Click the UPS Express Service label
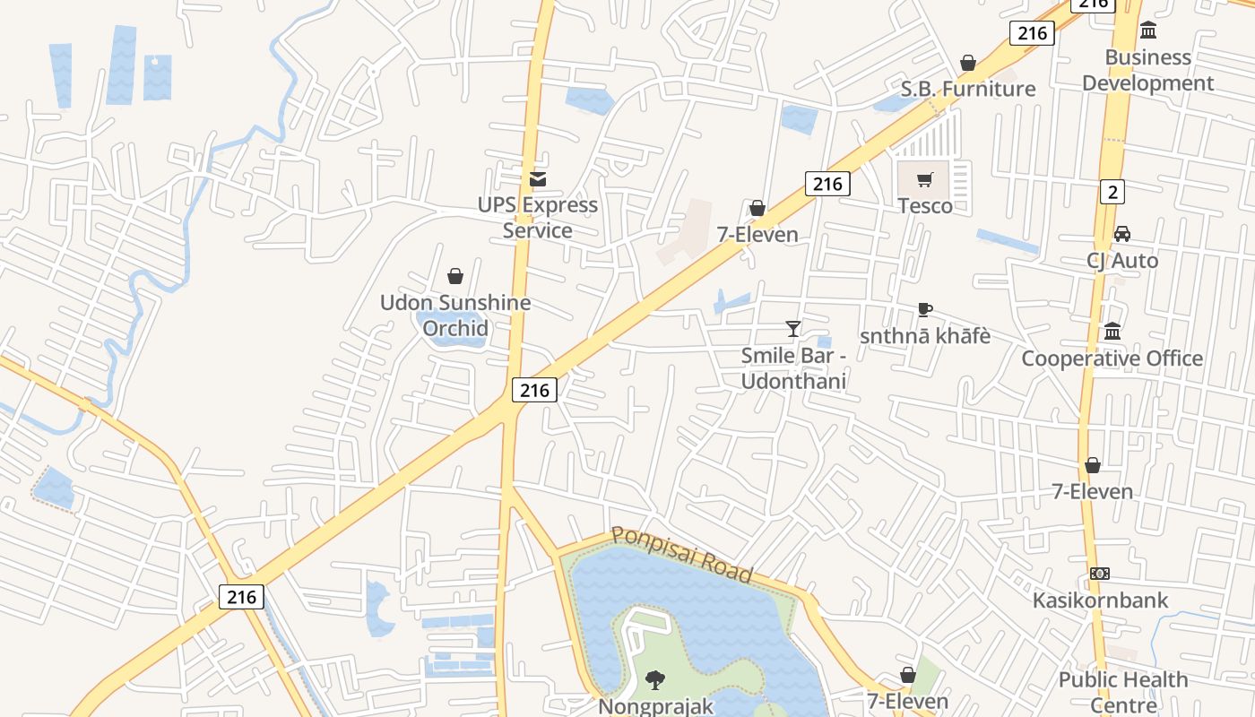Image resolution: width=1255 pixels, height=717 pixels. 537,218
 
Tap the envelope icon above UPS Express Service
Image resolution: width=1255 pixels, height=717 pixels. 537,179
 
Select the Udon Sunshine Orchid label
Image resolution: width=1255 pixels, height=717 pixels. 455,315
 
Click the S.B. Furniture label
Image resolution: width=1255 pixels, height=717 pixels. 968,89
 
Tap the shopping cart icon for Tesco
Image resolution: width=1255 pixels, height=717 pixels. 925,180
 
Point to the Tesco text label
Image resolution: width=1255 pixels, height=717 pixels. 925,205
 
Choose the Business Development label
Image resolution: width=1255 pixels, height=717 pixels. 1147,70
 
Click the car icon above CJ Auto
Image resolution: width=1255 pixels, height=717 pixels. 1121,234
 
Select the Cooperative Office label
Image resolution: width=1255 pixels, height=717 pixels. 1112,358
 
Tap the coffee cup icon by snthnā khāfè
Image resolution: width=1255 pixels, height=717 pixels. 925,310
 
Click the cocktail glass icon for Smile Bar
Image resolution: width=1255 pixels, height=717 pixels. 793,329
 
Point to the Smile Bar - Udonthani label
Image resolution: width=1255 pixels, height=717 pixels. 794,368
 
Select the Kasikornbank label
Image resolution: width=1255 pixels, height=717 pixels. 1101,600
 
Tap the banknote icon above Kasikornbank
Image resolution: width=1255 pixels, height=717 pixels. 1100,574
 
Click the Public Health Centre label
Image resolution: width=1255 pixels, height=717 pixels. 1123,692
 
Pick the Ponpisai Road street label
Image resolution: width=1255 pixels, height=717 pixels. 681,554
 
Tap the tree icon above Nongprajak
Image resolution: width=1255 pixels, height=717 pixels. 655,680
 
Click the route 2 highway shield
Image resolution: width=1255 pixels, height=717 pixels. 1112,191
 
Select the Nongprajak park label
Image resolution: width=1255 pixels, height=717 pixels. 655,706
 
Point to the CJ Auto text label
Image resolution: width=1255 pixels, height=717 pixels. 1122,261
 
